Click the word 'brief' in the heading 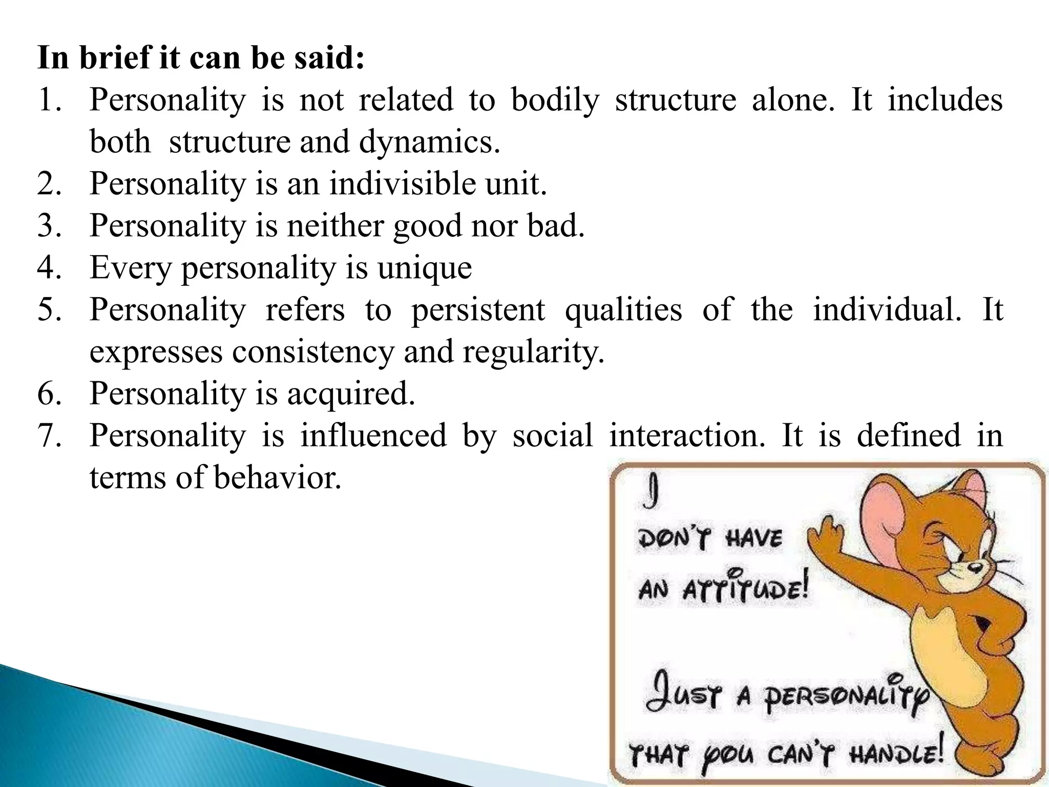pyautogui.click(x=115, y=57)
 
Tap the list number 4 pyautogui.click(x=49, y=267)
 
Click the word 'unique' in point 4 pyautogui.click(x=424, y=268)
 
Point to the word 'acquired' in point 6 pyautogui.click(x=350, y=394)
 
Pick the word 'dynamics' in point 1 pyautogui.click(x=429, y=142)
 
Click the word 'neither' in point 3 pyautogui.click(x=335, y=225)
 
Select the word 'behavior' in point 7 pyautogui.click(x=277, y=478)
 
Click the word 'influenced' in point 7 pyautogui.click(x=373, y=436)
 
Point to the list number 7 pyautogui.click(x=49, y=436)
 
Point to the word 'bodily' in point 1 pyautogui.click(x=555, y=100)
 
